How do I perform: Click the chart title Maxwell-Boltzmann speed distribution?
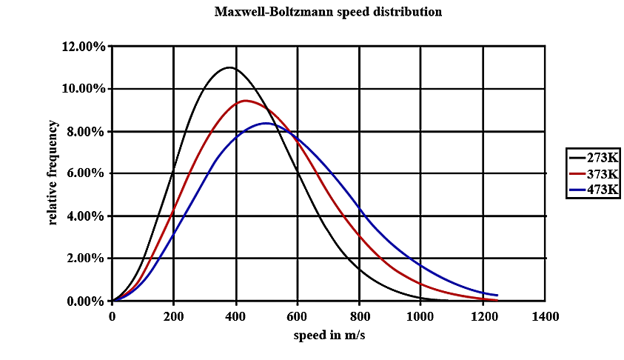coord(328,12)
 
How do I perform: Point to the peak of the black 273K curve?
coord(229,67)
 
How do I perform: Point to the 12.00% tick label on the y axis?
coord(84,47)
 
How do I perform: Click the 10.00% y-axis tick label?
coord(84,89)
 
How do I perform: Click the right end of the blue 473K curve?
coord(497,295)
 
